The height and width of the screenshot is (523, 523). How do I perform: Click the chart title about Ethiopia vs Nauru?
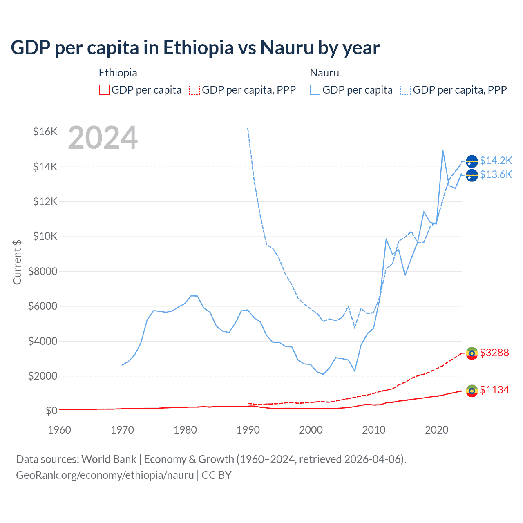195,48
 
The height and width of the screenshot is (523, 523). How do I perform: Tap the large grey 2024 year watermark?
103,138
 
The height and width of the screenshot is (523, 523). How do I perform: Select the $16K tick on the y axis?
45,132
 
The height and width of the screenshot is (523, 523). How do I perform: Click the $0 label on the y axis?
51,411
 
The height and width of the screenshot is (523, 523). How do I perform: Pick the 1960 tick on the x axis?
59,430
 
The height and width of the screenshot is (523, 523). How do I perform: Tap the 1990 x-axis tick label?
248,430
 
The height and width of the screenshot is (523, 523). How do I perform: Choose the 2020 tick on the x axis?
437,430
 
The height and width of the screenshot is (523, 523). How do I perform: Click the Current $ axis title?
17,262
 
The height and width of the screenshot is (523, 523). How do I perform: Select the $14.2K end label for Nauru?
496,161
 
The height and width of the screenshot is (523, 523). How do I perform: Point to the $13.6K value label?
496,174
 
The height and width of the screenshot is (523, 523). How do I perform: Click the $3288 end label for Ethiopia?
494,353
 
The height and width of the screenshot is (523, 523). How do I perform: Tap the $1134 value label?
494,390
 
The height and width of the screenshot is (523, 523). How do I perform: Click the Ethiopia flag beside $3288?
472,353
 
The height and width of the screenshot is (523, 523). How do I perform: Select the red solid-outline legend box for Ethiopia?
104,90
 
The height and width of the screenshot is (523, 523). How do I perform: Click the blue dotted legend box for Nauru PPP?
406,90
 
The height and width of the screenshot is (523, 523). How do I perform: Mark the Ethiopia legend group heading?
118,73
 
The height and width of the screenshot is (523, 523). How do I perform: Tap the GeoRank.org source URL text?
105,475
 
